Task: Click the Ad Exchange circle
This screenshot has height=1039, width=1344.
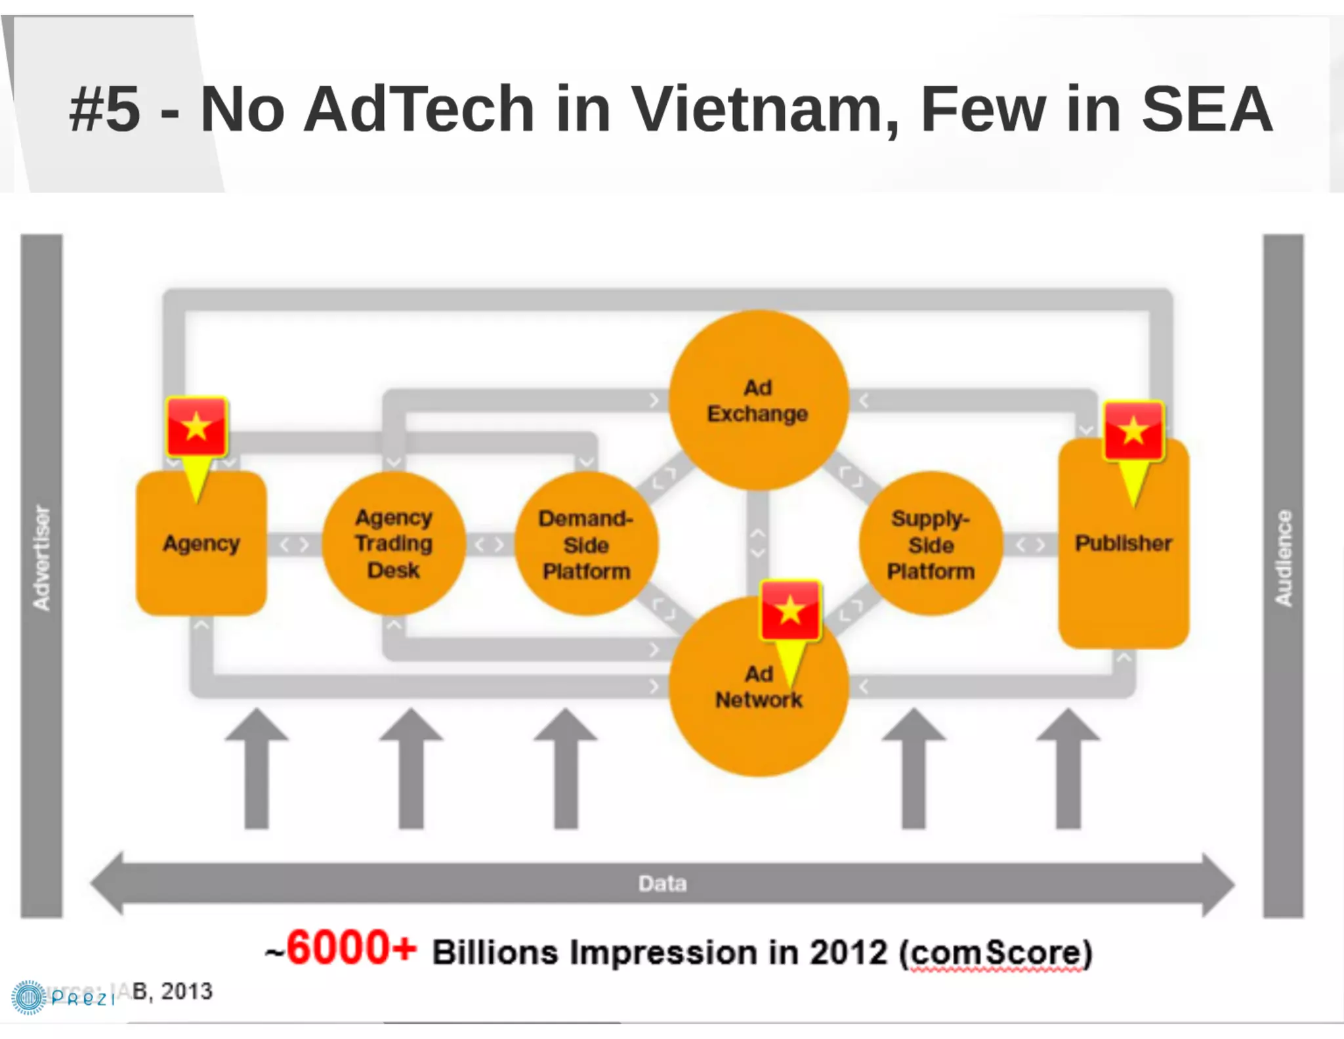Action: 758,400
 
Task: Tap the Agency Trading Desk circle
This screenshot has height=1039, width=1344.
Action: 394,543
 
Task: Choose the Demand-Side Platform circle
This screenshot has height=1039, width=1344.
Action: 586,544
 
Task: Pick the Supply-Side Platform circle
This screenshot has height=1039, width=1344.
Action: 931,544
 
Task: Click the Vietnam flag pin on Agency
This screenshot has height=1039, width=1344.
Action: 196,428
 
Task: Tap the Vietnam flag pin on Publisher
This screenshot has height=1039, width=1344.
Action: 1133,431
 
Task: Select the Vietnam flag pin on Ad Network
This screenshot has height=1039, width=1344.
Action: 790,611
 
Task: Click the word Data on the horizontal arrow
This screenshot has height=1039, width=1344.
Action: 663,883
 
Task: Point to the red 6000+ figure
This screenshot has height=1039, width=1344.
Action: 352,948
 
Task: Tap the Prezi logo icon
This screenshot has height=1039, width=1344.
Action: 28,997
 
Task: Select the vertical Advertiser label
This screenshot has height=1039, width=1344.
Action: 41,558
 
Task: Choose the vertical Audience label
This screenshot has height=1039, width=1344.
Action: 1283,558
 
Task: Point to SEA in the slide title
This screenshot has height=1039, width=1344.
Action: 1206,109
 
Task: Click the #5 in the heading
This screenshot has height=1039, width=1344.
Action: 105,109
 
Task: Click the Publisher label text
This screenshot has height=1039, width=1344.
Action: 1123,543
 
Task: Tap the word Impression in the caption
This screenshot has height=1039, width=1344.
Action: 663,953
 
